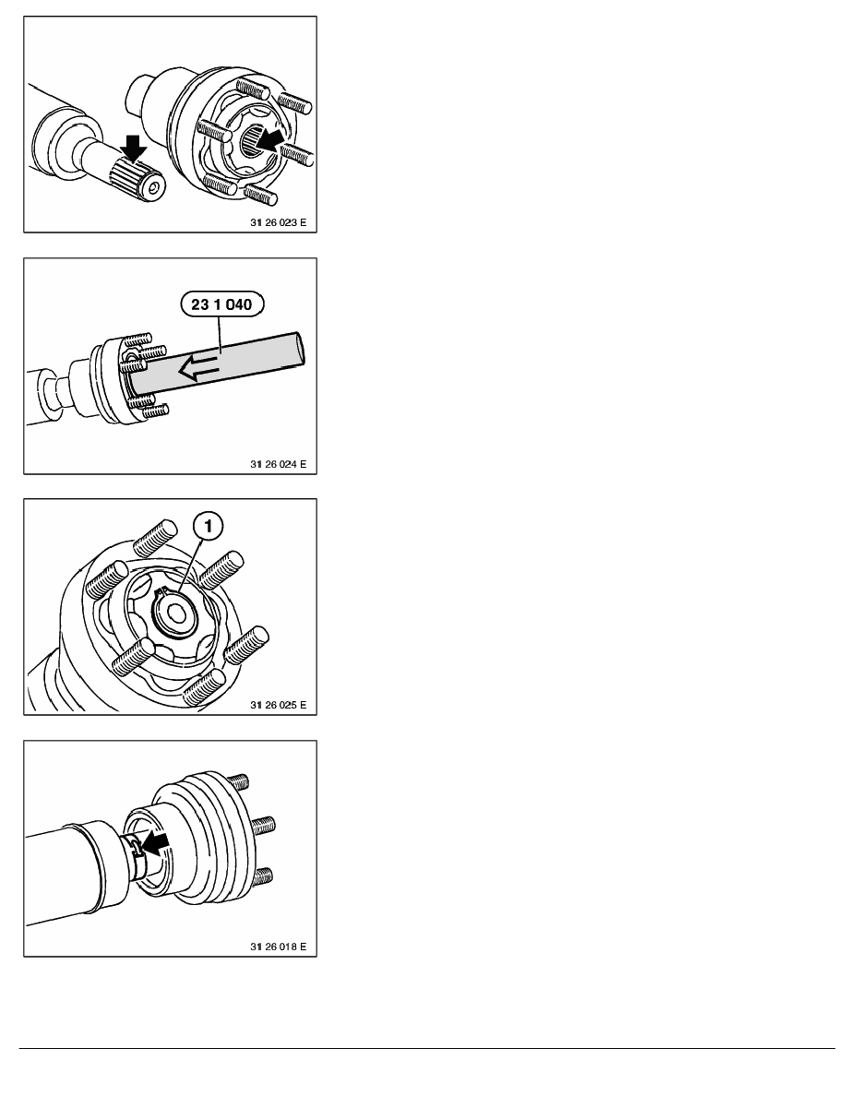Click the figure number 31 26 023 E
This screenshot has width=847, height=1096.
coord(278,222)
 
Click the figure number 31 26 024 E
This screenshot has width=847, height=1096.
coord(278,464)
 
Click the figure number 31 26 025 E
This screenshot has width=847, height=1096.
coord(278,705)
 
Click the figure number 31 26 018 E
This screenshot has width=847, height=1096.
coord(278,947)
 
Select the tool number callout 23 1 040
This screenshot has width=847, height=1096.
coord(222,304)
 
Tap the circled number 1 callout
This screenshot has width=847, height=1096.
coord(209,526)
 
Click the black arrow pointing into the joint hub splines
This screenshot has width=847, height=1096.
coord(271,139)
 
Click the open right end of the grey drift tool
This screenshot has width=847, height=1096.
coord(298,348)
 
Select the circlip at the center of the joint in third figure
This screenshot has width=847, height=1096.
coord(174,610)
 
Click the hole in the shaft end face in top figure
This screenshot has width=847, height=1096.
coord(152,188)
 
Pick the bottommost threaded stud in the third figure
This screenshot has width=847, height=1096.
coord(203,686)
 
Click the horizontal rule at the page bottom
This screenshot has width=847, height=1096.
coord(427,1048)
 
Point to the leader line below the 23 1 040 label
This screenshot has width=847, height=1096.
coord(221,333)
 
